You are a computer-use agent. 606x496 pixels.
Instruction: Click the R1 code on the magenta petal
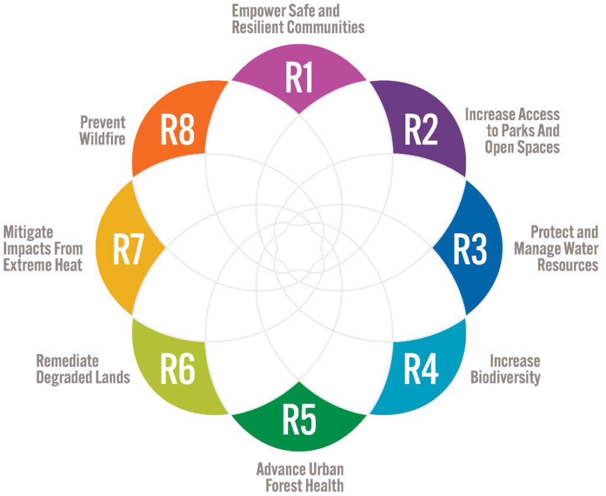299,78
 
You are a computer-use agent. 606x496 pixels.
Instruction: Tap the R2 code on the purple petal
421,130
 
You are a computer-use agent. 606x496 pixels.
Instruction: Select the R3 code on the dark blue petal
469,249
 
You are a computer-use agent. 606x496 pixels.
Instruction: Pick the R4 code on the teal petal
421,369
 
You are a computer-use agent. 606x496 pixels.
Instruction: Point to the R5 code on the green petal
299,419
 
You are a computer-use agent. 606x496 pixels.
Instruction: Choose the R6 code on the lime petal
178,369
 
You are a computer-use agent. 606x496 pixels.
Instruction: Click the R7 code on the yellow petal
128,249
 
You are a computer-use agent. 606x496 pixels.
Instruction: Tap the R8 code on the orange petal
178,130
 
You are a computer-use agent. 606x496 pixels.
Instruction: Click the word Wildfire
102,139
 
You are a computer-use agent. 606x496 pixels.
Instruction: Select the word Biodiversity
505,377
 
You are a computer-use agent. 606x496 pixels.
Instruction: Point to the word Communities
325,27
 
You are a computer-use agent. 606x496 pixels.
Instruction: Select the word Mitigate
28,233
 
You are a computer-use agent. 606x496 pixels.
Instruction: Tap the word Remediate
67,361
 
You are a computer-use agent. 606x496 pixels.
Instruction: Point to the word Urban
327,469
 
